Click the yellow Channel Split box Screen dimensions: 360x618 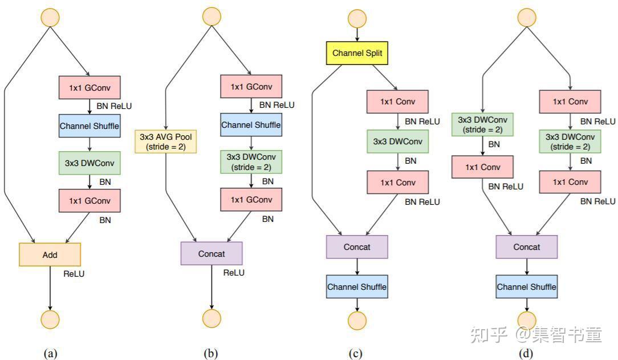coord(357,54)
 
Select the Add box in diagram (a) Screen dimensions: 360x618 coord(50,254)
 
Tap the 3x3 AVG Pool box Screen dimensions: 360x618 coord(165,141)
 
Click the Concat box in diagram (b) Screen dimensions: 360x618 coord(212,253)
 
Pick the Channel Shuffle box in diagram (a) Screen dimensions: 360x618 coord(90,126)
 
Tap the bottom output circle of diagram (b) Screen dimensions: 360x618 coord(212,318)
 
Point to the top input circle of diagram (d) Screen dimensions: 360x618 coord(526,17)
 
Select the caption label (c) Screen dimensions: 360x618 coord(355,354)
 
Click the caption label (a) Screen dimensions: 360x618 coord(50,354)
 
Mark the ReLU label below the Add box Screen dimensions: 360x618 coord(74,274)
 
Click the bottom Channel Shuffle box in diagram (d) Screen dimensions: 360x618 coord(526,286)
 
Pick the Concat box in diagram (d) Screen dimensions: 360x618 coord(526,247)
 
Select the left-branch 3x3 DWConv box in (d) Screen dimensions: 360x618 coord(483,124)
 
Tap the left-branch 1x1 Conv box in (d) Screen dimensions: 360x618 coord(483,167)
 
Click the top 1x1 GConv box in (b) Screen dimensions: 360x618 coord(251,87)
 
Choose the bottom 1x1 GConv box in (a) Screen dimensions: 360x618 coord(90,200)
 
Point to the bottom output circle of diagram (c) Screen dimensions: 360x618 coord(357,319)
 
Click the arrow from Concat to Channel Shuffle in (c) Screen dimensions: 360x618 coord(357,266)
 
